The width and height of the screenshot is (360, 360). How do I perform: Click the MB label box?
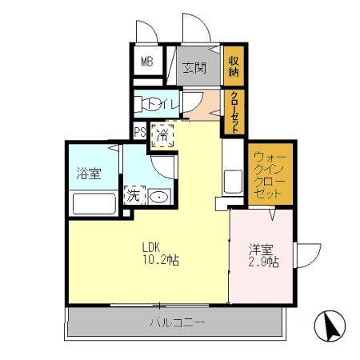click(x=147, y=62)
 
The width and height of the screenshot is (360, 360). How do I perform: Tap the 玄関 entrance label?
click(x=194, y=67)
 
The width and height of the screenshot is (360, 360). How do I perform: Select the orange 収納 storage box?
click(x=233, y=62)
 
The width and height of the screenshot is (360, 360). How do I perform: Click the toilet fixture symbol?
click(x=149, y=104)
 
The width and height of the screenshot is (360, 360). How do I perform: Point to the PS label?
click(x=139, y=133)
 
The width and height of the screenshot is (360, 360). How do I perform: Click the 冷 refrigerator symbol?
click(x=162, y=134)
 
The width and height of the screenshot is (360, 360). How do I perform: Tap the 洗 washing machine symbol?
click(x=133, y=195)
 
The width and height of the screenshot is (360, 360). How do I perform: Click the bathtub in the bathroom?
click(x=94, y=202)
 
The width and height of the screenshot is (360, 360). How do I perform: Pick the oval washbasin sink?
click(x=158, y=197)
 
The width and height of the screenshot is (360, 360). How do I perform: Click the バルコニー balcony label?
click(x=177, y=323)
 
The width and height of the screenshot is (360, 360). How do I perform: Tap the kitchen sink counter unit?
click(x=233, y=182)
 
